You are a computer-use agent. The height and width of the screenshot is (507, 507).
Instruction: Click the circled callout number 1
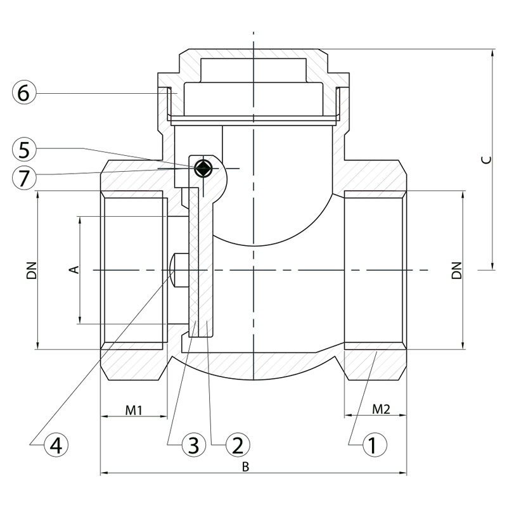(375, 445)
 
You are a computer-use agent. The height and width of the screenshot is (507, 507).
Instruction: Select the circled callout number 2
(238, 445)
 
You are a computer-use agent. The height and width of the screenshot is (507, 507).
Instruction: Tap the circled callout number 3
(194, 445)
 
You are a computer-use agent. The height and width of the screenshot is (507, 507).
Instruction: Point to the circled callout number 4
(56, 445)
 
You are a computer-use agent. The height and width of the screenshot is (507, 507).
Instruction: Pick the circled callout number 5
(24, 150)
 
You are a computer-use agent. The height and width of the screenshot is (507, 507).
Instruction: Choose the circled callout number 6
(24, 93)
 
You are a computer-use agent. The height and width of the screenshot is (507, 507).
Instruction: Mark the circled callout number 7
(24, 177)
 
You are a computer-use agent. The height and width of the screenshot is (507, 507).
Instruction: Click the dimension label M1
(134, 410)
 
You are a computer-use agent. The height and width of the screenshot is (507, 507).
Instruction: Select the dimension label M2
(382, 409)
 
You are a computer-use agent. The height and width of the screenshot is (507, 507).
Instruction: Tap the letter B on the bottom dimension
(246, 467)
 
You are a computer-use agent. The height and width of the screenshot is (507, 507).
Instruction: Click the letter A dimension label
(75, 269)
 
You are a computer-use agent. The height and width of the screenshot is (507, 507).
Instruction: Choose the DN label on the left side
(32, 270)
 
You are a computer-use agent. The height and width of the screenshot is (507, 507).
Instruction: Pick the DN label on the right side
(456, 270)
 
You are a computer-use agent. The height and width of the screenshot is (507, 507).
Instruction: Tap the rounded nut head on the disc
(178, 270)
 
